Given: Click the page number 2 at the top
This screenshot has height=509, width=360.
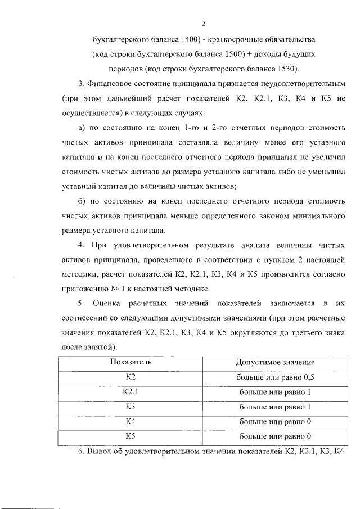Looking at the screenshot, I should pyautogui.click(x=204, y=24).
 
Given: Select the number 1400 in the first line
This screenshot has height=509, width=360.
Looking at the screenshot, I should pyautogui.click(x=192, y=40).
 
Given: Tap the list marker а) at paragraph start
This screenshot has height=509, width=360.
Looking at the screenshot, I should pyautogui.click(x=82, y=128).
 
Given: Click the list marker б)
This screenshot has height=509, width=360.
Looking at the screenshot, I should pyautogui.click(x=82, y=201).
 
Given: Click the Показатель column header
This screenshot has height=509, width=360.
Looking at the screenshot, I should pyautogui.click(x=131, y=362).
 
